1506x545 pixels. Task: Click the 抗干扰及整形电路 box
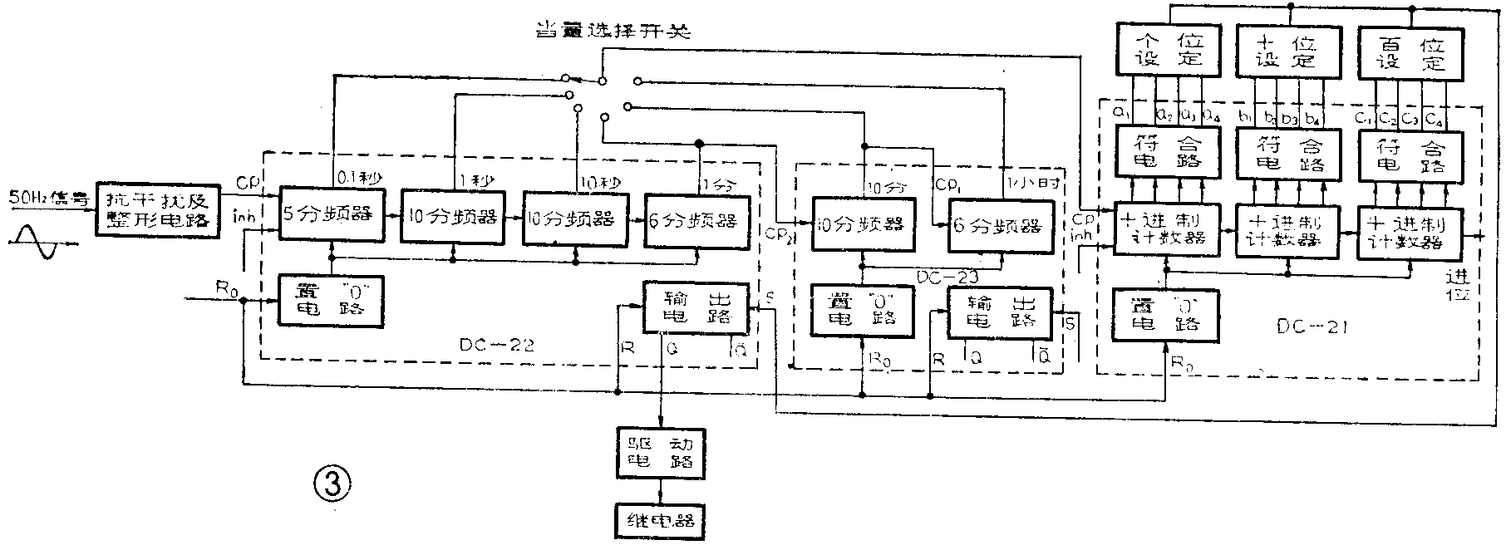tap(159, 211)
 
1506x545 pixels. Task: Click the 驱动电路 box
tap(661, 452)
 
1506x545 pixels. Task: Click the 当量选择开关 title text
tap(614, 32)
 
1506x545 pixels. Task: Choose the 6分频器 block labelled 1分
tap(696, 219)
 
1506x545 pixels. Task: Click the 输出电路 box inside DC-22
tap(696, 307)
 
